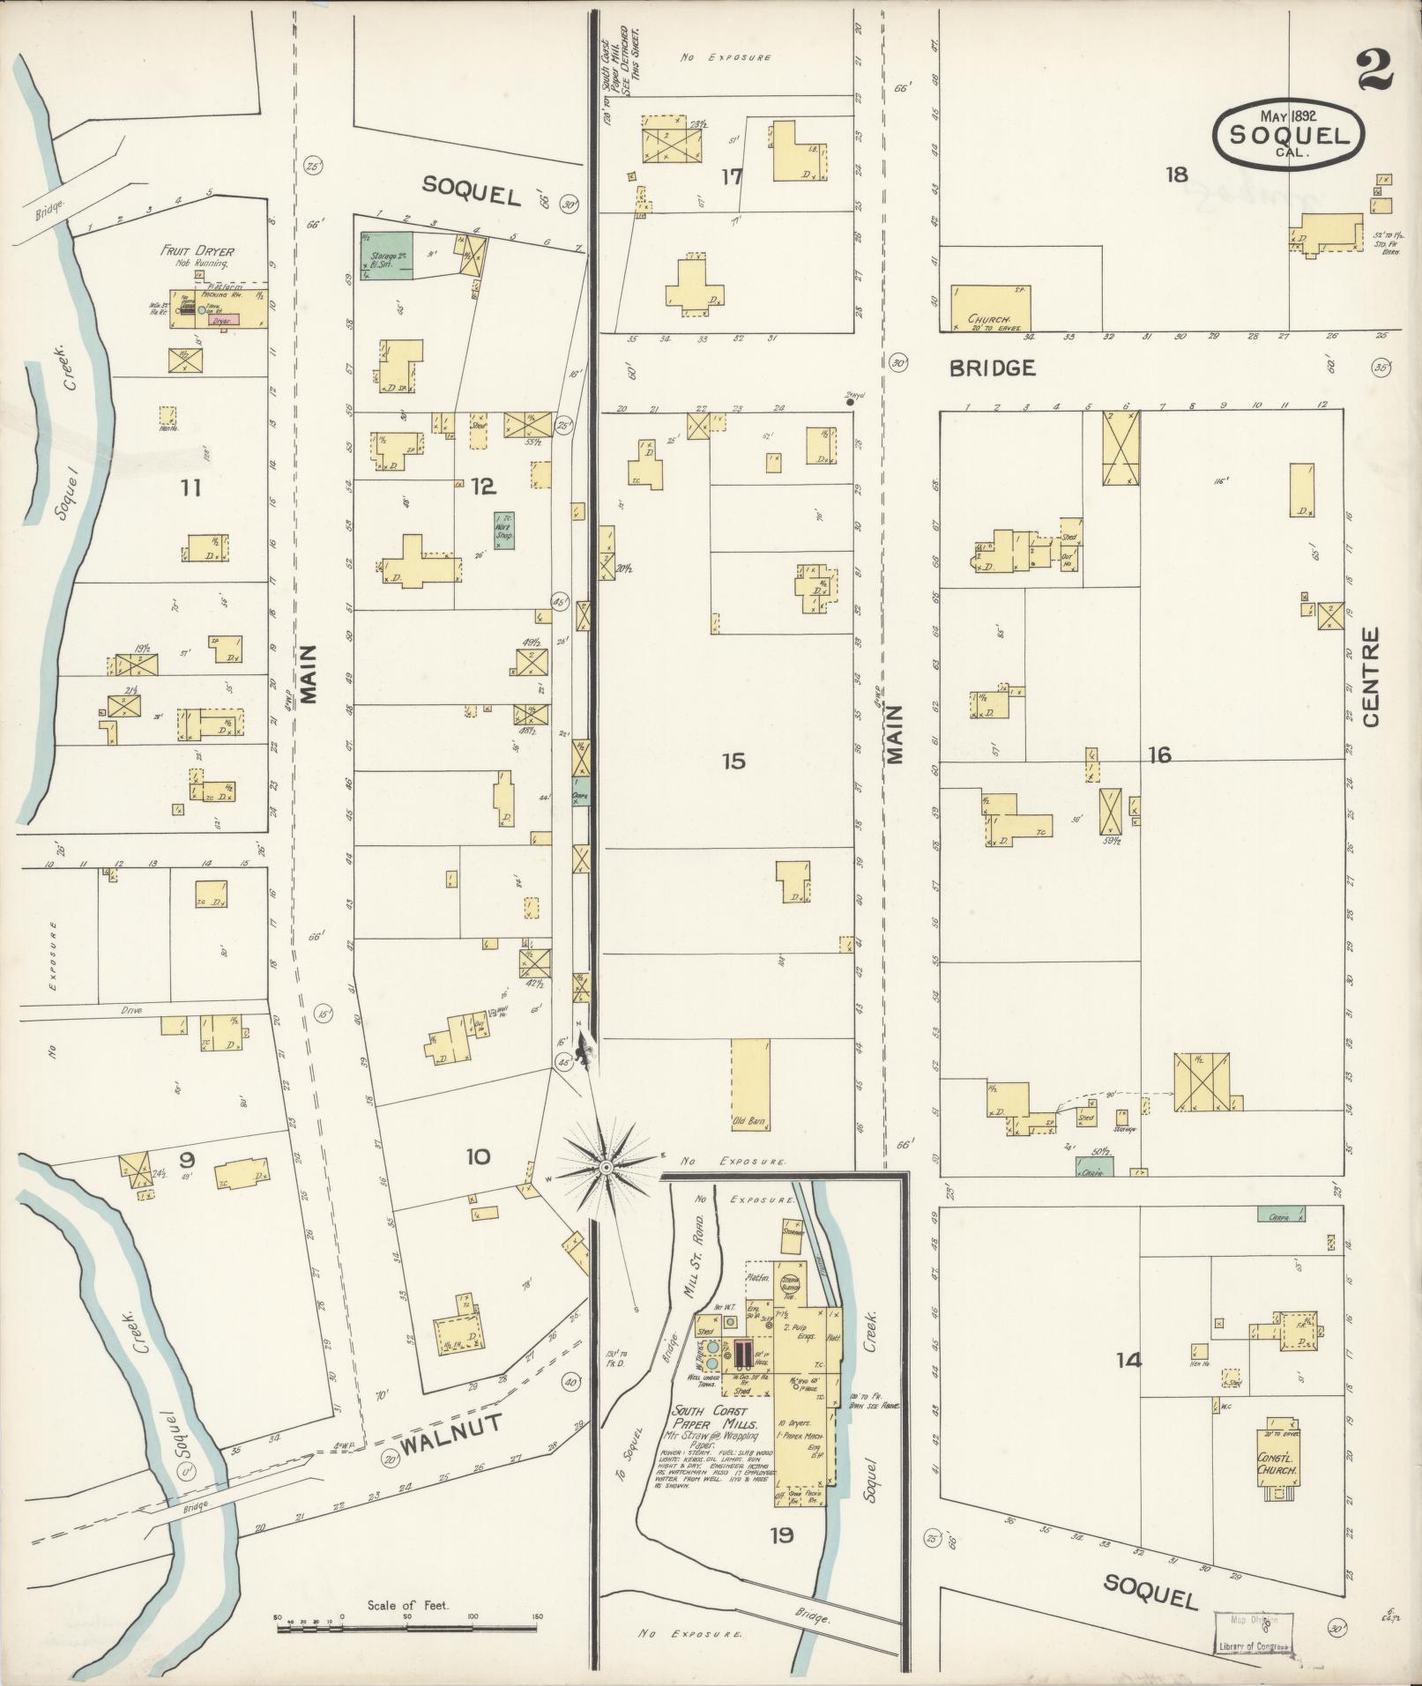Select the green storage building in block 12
point(385,256)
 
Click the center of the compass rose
point(606,1167)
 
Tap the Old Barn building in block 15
point(750,1085)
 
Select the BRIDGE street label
point(992,368)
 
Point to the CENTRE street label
point(1370,676)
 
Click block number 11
point(190,486)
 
